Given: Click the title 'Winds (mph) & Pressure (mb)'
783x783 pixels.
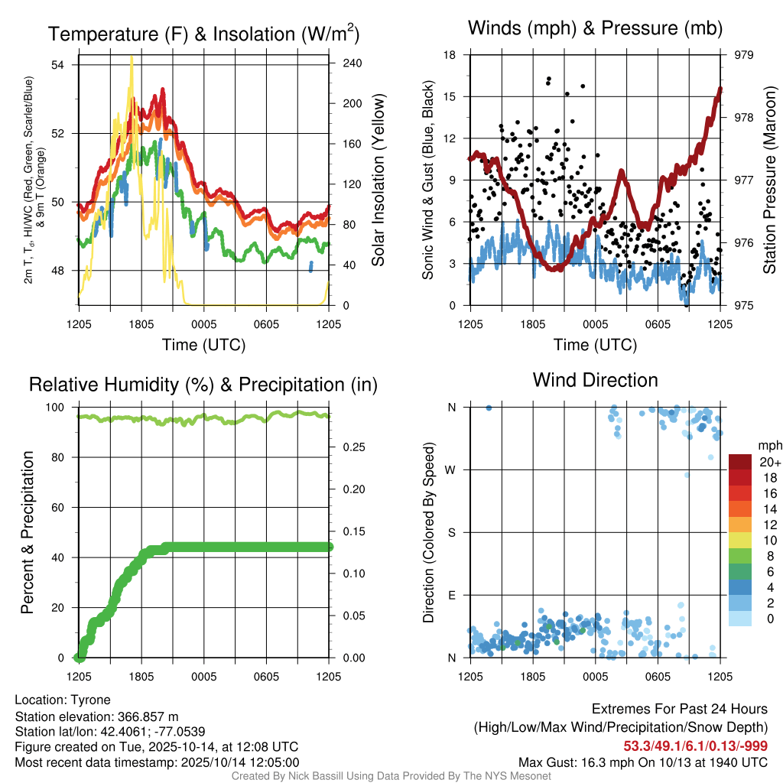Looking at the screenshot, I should pyautogui.click(x=595, y=28).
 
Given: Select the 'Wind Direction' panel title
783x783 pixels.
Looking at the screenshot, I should pyautogui.click(x=595, y=379).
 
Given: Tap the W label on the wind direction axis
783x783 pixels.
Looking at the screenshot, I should pyautogui.click(x=451, y=469).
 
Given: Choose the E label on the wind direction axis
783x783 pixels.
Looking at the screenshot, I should pyautogui.click(x=452, y=595).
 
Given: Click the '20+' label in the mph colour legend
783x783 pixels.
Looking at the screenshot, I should pyautogui.click(x=769, y=462).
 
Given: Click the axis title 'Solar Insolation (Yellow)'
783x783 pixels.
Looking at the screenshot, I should pyautogui.click(x=379, y=179).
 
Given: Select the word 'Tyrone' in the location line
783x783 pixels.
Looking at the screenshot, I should pyautogui.click(x=91, y=700).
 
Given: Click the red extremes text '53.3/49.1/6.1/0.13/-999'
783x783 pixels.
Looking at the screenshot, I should pyautogui.click(x=695, y=746).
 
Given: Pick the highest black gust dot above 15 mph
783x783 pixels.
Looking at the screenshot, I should pyautogui.click(x=549, y=79).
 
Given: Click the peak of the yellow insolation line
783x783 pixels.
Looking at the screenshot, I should pyautogui.click(x=132, y=57).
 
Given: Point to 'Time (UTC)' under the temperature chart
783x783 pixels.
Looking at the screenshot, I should pyautogui.click(x=203, y=345).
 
